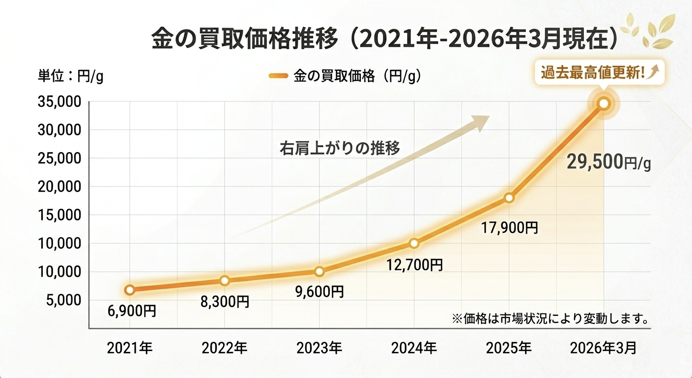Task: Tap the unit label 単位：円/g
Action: tap(70, 77)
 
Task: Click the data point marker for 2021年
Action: tap(130, 290)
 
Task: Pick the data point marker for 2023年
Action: tap(319, 271)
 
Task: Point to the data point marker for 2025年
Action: tap(509, 198)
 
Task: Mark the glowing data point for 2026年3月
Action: tap(604, 103)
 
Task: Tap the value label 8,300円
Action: tap(225, 301)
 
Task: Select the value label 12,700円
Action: tap(414, 265)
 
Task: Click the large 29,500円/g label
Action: tap(608, 162)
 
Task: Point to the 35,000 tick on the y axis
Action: tap(58, 102)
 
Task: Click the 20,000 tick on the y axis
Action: tap(58, 187)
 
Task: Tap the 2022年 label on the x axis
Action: tap(225, 348)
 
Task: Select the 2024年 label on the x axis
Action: tap(414, 348)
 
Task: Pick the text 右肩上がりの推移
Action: tap(340, 148)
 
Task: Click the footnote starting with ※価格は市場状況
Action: tap(548, 318)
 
